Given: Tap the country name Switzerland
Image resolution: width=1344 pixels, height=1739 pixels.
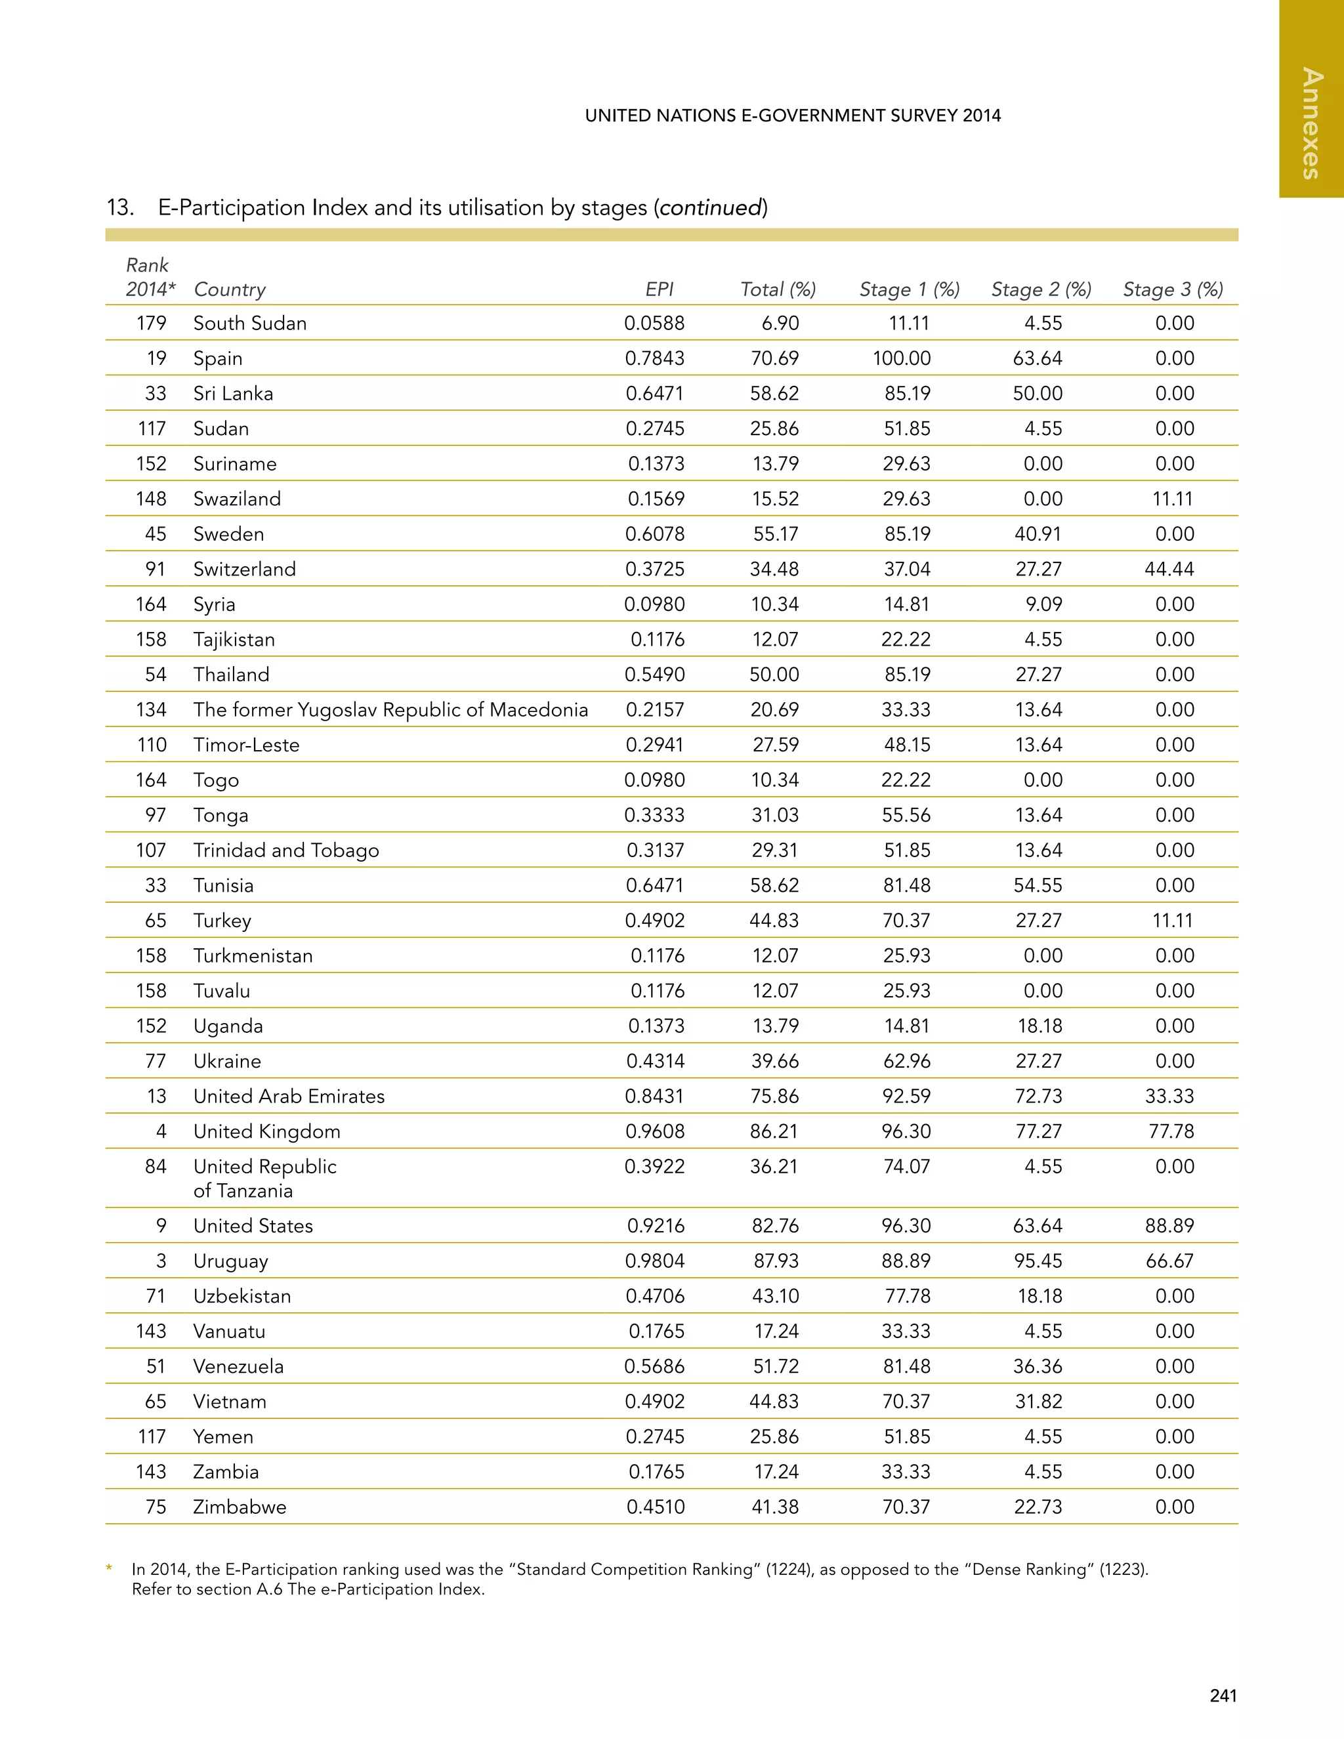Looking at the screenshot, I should click(x=244, y=570).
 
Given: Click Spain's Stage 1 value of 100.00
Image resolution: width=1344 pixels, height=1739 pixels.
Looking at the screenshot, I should click(x=901, y=358).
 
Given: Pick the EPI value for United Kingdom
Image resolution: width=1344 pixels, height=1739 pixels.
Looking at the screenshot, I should click(x=654, y=1131).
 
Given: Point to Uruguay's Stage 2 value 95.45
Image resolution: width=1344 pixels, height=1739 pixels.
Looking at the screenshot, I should click(x=1038, y=1261).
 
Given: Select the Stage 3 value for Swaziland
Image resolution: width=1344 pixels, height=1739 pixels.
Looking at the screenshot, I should click(x=1172, y=499).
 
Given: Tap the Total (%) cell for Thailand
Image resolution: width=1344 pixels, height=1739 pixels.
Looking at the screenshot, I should click(x=774, y=675).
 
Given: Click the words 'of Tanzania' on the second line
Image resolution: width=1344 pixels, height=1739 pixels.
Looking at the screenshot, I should click(x=243, y=1190).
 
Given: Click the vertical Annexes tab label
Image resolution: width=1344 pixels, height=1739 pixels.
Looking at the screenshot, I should click(x=1311, y=123).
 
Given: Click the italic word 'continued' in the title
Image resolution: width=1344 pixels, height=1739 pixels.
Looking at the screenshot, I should click(x=710, y=208).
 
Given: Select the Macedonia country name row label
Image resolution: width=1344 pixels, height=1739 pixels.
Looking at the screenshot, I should click(x=390, y=709).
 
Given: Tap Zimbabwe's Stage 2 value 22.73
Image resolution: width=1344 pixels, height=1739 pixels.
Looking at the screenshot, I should click(x=1038, y=1507).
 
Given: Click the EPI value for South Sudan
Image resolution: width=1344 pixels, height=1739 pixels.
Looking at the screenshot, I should click(x=654, y=324).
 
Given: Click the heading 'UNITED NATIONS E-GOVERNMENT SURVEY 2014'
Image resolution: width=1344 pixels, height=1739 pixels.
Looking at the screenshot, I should click(x=792, y=115).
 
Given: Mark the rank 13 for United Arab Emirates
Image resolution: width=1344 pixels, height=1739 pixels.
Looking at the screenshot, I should click(x=156, y=1097).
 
